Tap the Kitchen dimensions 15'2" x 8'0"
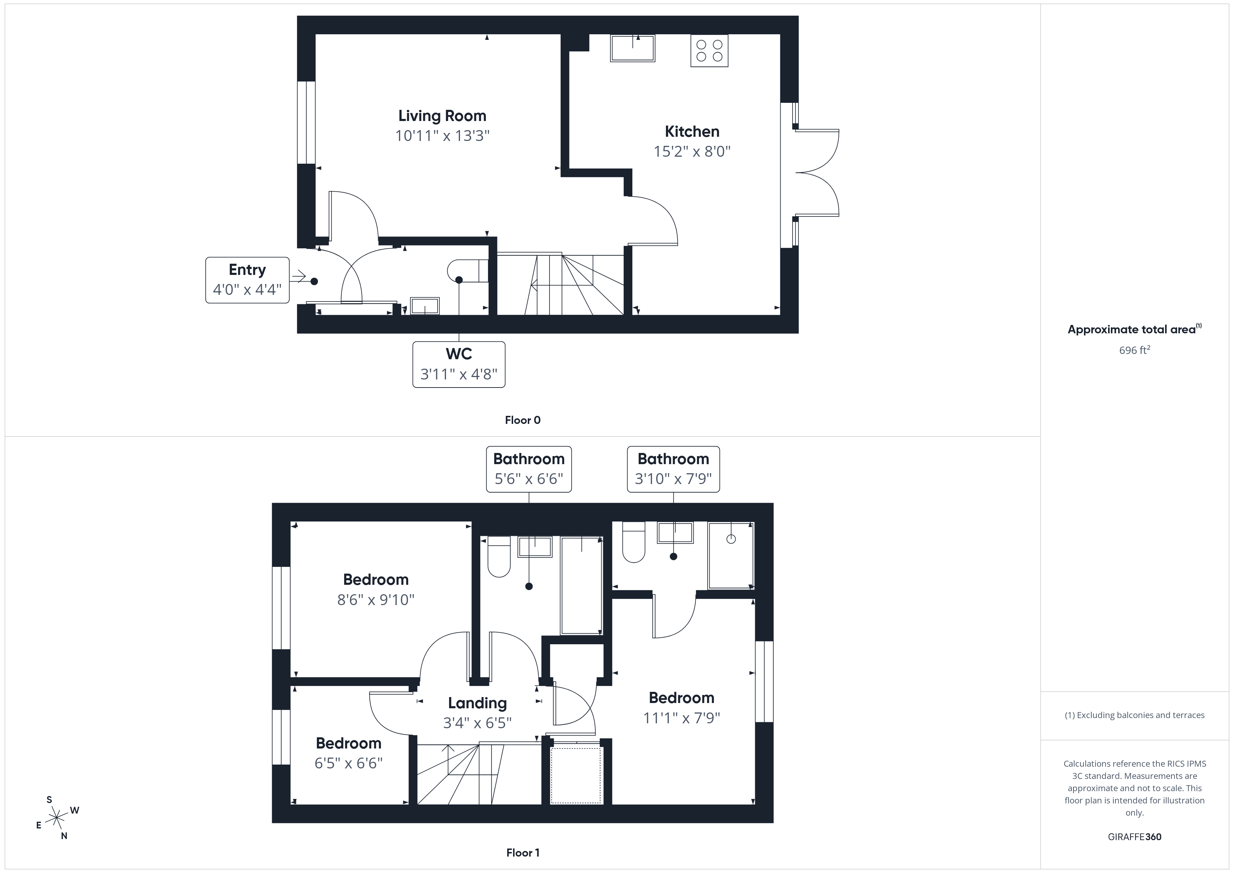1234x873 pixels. coord(692,151)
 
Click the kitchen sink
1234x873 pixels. coord(633,48)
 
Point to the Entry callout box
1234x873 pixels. coord(247,280)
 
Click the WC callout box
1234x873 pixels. coord(459,364)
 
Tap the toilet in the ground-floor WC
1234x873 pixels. coord(467,271)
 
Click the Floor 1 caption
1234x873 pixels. coord(523,853)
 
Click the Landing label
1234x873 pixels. coord(477,703)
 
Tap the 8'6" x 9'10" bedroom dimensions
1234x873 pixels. coord(376,600)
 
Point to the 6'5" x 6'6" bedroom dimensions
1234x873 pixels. coord(348,763)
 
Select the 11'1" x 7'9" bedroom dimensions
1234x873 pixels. coord(681,718)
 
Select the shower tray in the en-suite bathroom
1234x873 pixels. coord(731,555)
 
